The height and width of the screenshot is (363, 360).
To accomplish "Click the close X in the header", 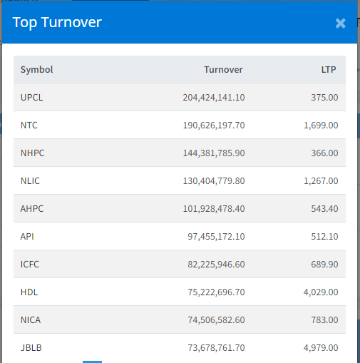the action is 340,24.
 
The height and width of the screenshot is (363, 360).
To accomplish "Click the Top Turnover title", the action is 57,23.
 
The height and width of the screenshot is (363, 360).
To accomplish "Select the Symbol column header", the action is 36,70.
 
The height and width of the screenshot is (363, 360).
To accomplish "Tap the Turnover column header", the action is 223,70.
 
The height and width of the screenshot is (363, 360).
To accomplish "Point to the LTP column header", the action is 329,70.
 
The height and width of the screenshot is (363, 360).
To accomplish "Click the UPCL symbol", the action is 31,98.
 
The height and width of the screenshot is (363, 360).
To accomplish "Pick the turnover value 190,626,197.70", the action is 214,126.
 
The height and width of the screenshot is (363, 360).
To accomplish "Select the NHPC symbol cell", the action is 32,153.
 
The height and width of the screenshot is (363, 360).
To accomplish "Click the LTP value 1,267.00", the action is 321,181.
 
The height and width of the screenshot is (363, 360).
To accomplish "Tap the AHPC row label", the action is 32,209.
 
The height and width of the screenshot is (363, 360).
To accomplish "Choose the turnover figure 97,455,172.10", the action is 216,237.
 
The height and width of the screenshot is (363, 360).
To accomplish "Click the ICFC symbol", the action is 29,265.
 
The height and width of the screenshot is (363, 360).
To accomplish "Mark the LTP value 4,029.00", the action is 321,292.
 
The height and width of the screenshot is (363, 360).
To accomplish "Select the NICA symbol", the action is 31,320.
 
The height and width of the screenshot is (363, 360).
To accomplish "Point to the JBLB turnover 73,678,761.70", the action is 216,348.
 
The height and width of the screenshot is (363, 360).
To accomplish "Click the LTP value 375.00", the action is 324,98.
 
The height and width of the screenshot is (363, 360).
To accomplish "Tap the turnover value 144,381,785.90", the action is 214,153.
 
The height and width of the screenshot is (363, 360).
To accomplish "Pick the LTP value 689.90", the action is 324,265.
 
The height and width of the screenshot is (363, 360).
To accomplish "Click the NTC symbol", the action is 29,126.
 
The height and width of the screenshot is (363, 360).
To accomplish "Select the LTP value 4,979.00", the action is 321,348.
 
